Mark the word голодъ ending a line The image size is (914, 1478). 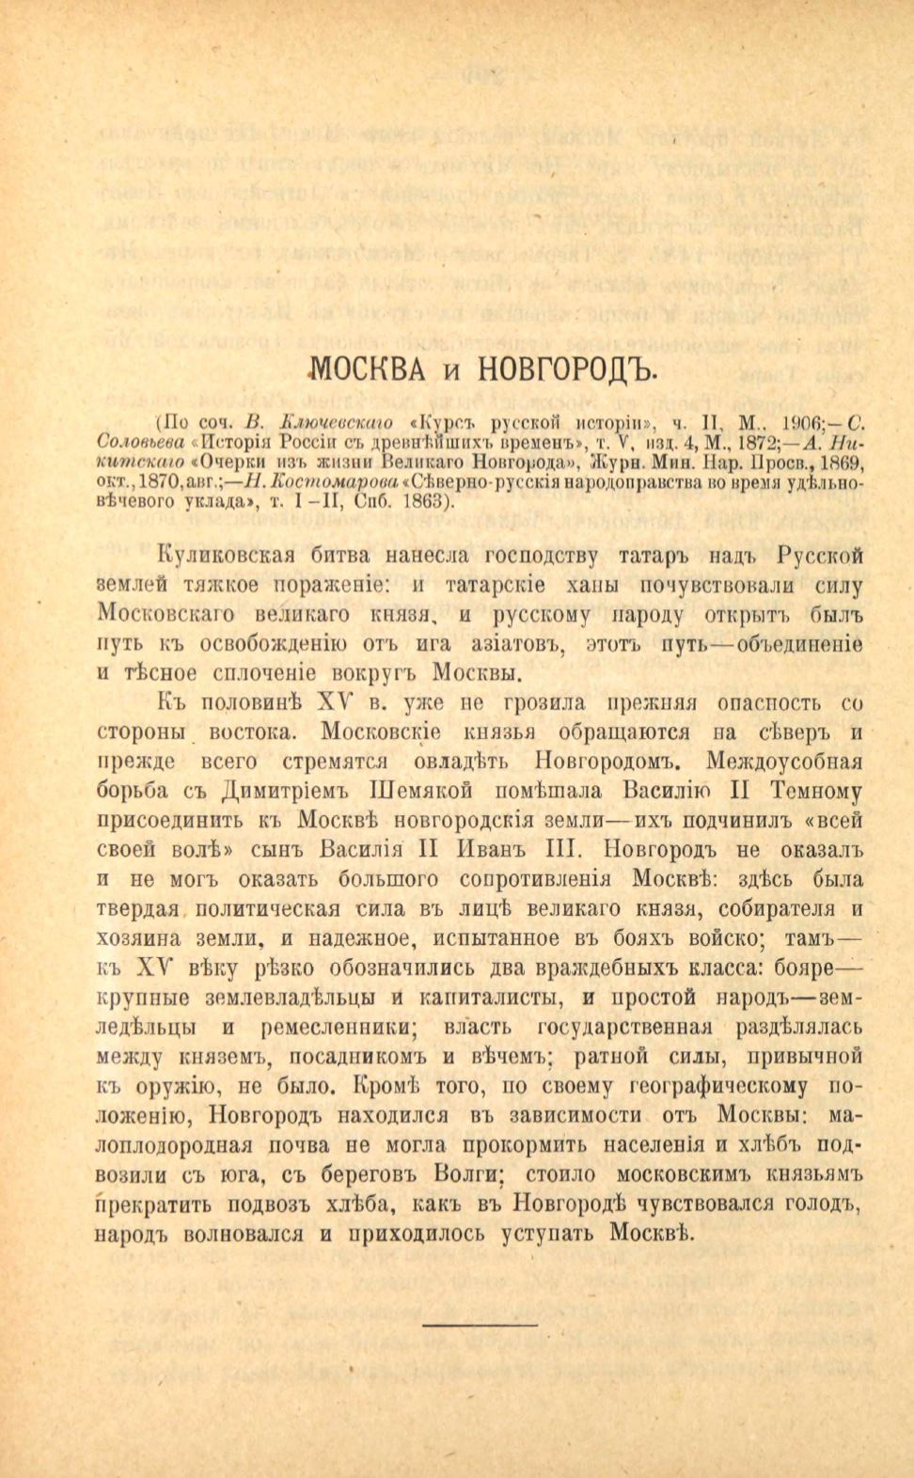point(826,1203)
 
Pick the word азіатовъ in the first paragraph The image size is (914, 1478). point(513,644)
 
